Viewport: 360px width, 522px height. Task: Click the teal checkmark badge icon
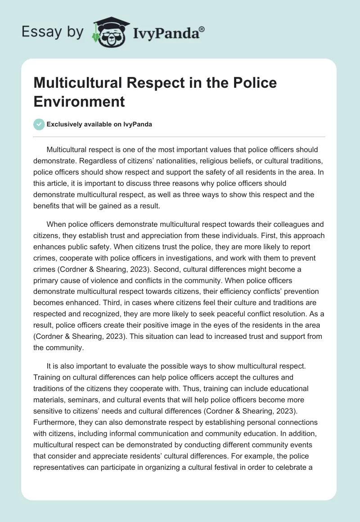39,124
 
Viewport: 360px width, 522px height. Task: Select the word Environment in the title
79,101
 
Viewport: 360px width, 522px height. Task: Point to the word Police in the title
254,83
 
